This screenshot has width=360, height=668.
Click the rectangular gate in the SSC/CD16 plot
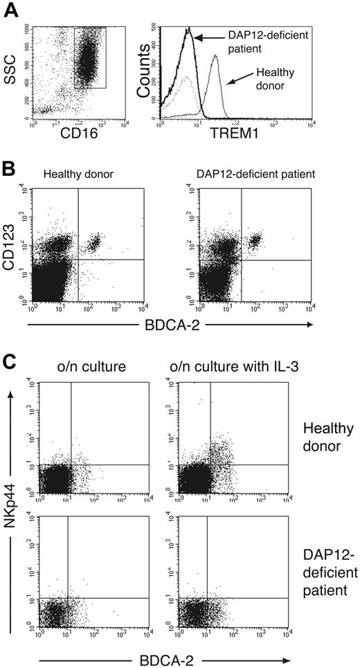tap(89, 58)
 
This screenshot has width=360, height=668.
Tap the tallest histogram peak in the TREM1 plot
tap(188, 30)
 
